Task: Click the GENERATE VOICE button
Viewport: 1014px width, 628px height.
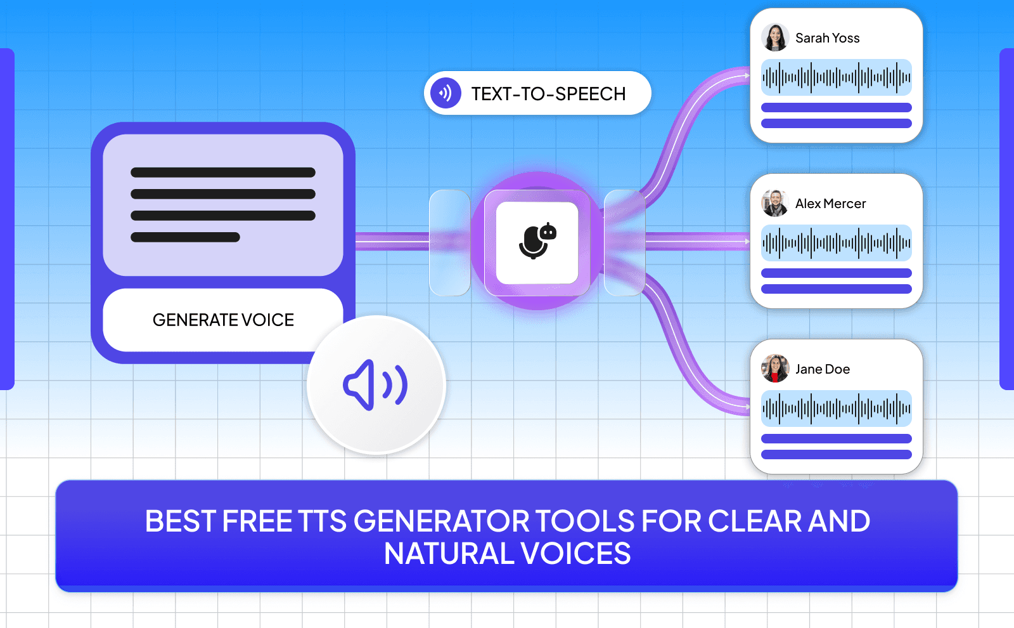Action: click(223, 320)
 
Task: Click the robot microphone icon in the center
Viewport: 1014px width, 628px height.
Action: click(537, 242)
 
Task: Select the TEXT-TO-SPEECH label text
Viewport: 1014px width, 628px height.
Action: click(548, 94)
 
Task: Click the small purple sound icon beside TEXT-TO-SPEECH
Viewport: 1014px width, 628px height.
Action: click(446, 93)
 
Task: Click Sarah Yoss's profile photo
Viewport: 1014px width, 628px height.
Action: click(774, 37)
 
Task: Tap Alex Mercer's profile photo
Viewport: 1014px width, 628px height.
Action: click(774, 203)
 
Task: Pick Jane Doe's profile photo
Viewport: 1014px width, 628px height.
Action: click(774, 369)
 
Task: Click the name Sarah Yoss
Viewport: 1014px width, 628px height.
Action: click(827, 38)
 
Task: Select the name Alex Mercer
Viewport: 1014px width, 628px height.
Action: click(830, 204)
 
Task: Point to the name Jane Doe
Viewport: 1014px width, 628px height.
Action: click(822, 369)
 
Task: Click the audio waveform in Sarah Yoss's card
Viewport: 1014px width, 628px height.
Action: click(836, 77)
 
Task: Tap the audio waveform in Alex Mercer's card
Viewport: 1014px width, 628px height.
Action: click(836, 243)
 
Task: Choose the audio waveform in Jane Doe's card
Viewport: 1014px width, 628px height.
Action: click(836, 409)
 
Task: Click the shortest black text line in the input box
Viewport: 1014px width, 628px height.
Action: click(185, 237)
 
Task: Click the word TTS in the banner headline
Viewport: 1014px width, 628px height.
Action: click(323, 521)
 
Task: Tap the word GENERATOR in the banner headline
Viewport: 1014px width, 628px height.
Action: click(442, 521)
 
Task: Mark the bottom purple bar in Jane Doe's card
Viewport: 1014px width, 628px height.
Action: click(836, 454)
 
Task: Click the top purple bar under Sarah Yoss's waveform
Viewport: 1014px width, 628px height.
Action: click(836, 108)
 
